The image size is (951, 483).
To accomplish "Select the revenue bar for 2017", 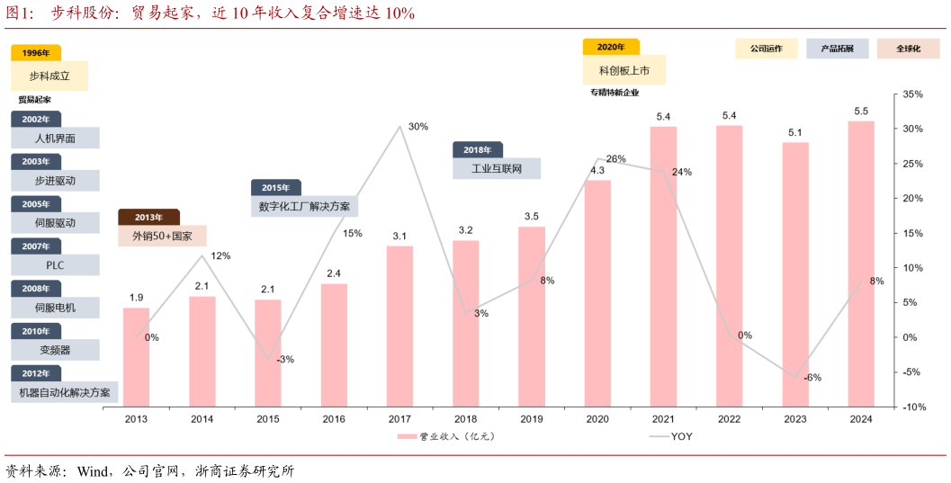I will [x=399, y=325].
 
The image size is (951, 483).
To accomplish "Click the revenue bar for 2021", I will [x=663, y=265].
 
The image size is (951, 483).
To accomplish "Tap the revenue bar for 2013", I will [x=136, y=356].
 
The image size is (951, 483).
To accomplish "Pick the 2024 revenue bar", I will [x=860, y=263].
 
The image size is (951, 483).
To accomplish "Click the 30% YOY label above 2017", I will [x=417, y=127].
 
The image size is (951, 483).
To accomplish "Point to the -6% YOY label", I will [x=812, y=378].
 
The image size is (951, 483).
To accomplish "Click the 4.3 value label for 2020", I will [x=597, y=170].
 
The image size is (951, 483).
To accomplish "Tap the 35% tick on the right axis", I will [x=912, y=94].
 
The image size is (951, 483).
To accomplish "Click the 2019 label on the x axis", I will [x=532, y=419].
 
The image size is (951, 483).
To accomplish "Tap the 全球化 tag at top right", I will [x=908, y=49].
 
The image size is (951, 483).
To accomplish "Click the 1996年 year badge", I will [x=36, y=53].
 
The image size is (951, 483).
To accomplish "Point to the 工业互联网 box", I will [x=497, y=168].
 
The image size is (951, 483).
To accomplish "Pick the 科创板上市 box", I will [x=624, y=70].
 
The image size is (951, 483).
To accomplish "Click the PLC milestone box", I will [x=55, y=265].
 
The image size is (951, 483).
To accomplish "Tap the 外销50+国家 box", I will [x=162, y=237].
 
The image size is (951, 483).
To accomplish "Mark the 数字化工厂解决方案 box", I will [x=304, y=206].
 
